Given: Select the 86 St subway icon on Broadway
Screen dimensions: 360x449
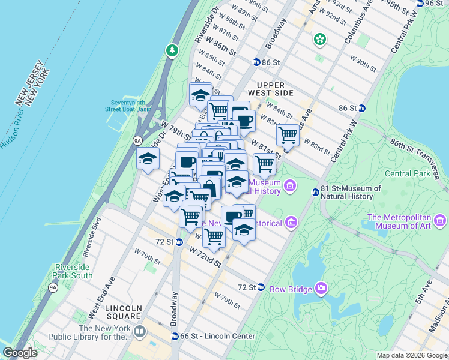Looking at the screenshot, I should (256, 62).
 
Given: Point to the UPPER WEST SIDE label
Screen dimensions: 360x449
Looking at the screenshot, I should (274, 88).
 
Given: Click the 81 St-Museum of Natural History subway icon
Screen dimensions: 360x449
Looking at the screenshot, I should (315, 192).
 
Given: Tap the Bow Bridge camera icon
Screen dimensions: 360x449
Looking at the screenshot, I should (321, 289).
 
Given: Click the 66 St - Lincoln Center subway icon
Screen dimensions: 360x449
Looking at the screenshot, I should (175, 336).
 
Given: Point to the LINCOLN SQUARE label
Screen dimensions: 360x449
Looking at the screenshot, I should (124, 311).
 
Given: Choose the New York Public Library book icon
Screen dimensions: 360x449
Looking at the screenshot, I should (140, 331).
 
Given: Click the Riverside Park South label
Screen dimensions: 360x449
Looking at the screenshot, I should (74, 271).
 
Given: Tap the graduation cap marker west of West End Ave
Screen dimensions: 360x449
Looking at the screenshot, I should (148, 159).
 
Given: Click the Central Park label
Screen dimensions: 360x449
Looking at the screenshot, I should (406, 174).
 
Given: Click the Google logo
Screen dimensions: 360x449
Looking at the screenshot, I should (20, 353).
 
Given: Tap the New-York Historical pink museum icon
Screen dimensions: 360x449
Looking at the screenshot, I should (291, 223).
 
